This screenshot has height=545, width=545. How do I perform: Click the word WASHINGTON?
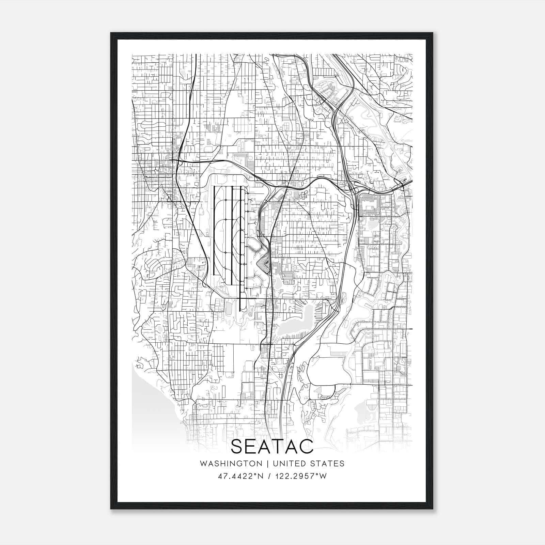pyautogui.click(x=231, y=464)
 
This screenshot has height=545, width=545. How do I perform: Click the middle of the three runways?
pyautogui.click(x=232, y=235)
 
